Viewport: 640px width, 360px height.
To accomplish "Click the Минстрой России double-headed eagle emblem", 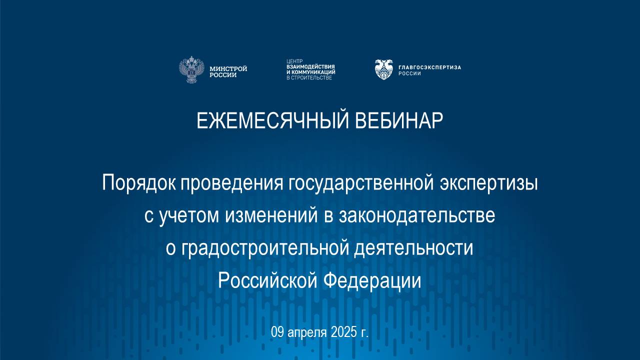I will point(192,69).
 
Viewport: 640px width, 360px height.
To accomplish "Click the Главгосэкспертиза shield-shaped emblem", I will point(384,69).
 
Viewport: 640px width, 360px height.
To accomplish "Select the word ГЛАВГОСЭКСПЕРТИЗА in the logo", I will point(429,67).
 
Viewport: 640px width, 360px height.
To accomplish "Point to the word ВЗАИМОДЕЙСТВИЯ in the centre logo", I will point(310,66).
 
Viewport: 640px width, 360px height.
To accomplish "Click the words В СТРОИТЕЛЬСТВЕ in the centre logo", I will point(309,78).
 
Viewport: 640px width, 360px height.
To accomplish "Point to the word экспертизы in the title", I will point(488,183).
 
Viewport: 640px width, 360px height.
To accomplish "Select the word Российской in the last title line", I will point(268,280).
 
